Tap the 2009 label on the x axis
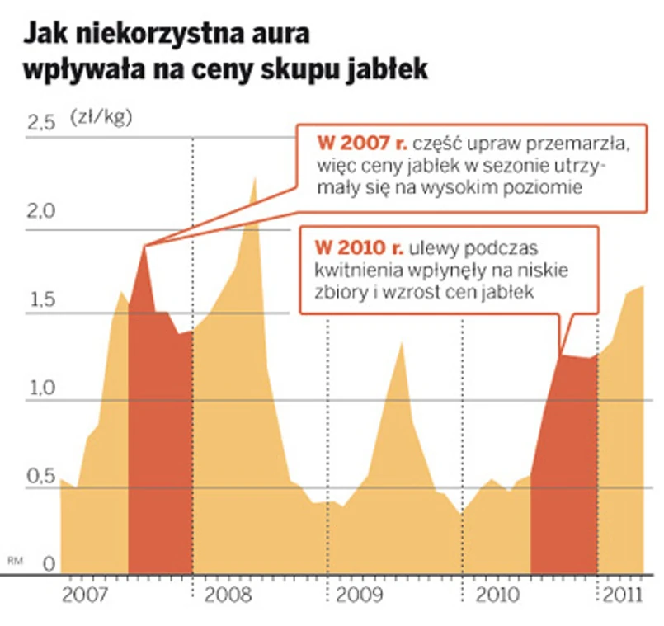point(360,595)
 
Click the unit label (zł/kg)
point(101,116)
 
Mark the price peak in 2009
point(401,342)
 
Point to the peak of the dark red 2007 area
point(145,246)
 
